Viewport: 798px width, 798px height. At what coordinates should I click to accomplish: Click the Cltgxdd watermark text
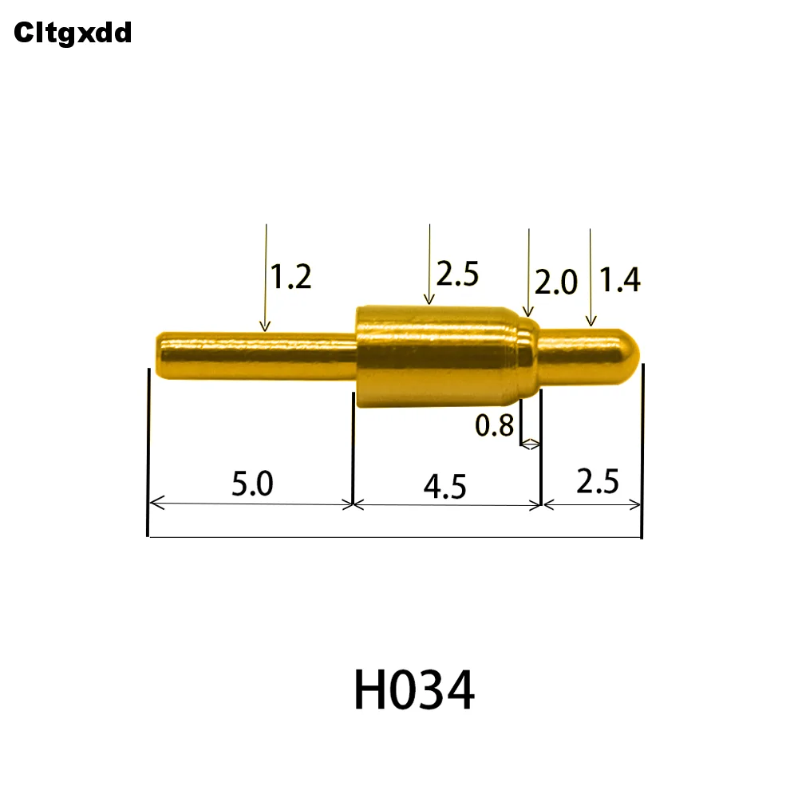point(73,33)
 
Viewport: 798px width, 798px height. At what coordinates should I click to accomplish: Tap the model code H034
point(414,690)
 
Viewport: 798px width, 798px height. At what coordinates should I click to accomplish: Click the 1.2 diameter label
point(290,278)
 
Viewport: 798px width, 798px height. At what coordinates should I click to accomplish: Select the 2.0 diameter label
point(555,282)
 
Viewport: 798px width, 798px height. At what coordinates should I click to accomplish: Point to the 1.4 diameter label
point(620,280)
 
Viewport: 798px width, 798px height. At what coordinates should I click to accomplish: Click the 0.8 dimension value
point(495,426)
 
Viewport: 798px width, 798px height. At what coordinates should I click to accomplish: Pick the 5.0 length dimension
point(252,484)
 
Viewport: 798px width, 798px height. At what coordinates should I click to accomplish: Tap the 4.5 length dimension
point(445,486)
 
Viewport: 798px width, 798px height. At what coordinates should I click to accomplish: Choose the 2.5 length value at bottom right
point(598,482)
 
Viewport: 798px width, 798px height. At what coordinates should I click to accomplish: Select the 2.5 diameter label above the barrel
point(457,275)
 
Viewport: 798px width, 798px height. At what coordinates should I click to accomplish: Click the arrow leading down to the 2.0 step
point(528,271)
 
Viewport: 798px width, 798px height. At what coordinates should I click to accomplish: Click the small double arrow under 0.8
point(530,444)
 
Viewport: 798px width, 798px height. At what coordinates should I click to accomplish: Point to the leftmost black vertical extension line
point(148,451)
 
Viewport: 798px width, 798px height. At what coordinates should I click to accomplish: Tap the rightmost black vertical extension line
point(642,451)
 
